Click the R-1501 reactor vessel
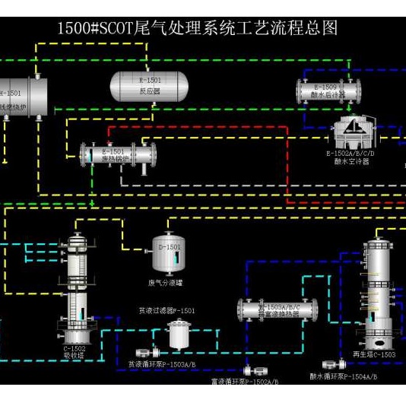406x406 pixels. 149,86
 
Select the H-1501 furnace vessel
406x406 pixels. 23,97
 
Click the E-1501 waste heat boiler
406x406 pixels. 120,155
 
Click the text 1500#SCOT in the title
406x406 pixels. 96,29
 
